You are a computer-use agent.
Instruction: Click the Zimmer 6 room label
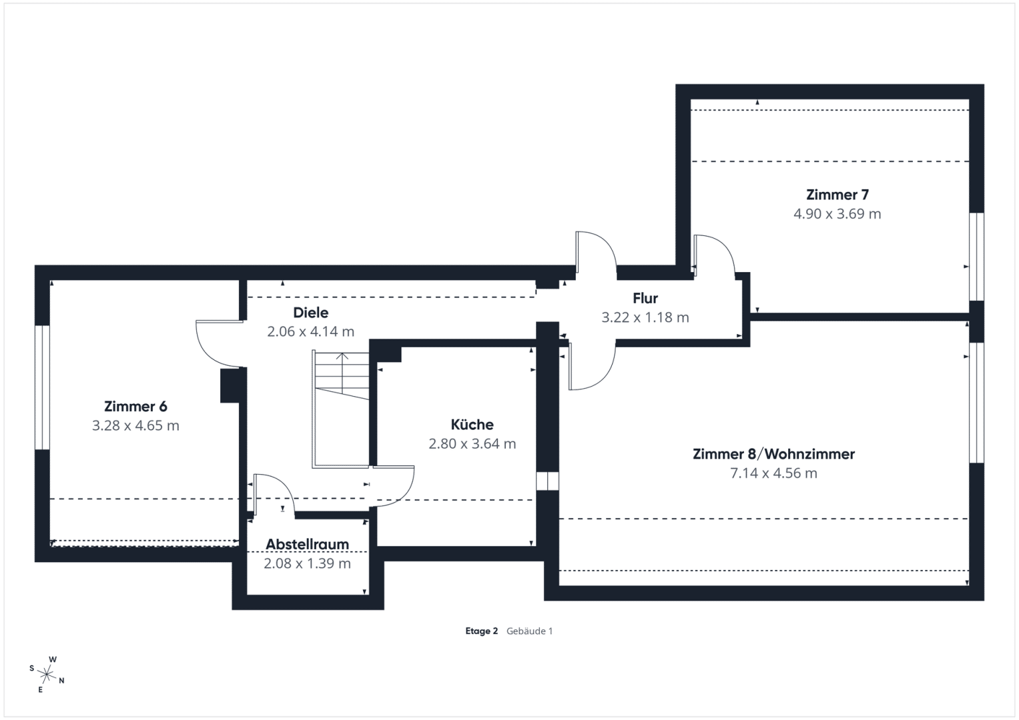click(135, 406)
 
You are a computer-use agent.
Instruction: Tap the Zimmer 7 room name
click(837, 195)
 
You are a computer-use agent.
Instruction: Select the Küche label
click(472, 425)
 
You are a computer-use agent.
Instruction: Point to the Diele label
click(311, 312)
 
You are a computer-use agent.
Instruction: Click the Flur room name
click(645, 298)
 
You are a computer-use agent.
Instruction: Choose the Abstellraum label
click(307, 544)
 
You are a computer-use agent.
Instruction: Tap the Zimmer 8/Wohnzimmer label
click(774, 453)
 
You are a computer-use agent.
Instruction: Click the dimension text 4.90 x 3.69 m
click(837, 213)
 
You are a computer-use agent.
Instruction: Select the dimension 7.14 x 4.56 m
click(774, 473)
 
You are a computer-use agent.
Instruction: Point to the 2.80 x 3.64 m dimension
click(472, 443)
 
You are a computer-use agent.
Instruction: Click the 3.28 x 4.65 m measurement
click(135, 425)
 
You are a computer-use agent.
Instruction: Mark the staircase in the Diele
click(341, 409)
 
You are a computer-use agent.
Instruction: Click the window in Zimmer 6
click(42, 387)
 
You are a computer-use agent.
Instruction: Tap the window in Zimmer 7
click(977, 257)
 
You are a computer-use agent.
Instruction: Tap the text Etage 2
click(481, 631)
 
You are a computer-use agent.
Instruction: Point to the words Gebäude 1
click(529, 631)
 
